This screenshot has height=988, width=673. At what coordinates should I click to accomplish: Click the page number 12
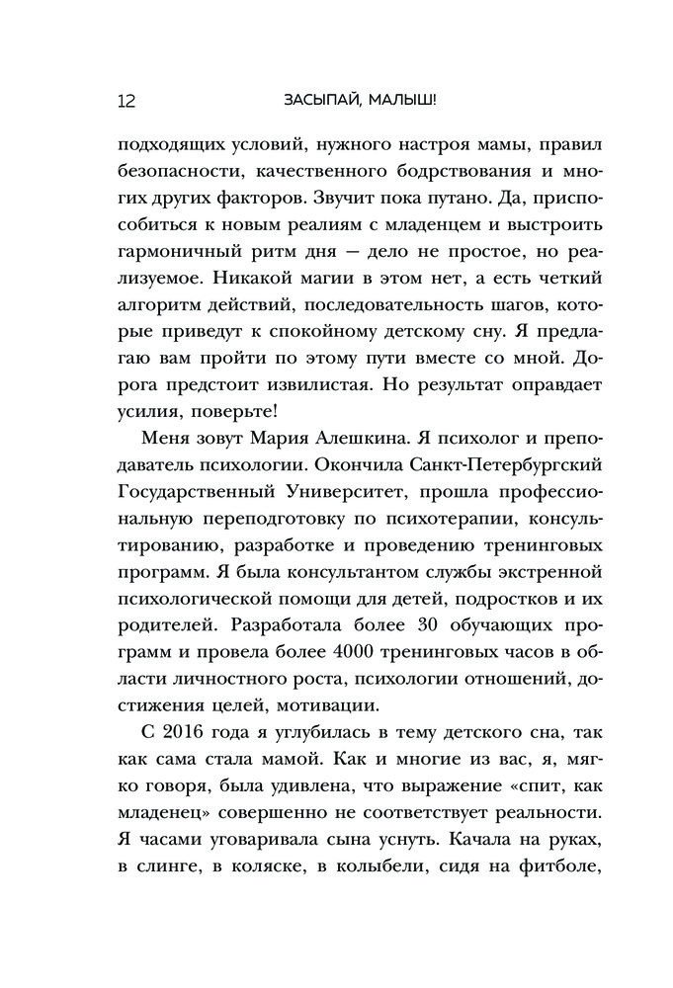click(125, 100)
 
